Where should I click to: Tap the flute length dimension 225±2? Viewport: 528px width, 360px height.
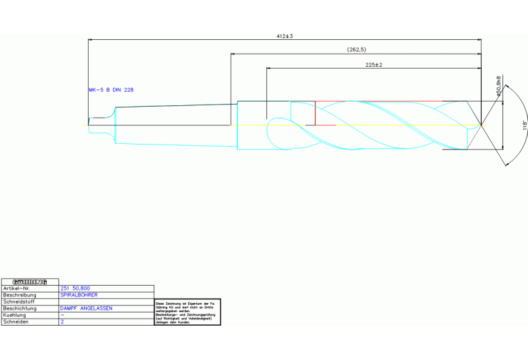pyautogui.click(x=373, y=64)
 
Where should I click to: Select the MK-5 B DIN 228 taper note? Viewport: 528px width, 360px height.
pyautogui.click(x=111, y=89)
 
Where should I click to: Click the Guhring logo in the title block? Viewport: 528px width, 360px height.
pyautogui.click(x=30, y=281)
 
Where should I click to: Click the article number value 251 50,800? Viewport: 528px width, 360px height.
pyautogui.click(x=76, y=288)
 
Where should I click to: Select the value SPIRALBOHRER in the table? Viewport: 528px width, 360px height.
pyautogui.click(x=79, y=295)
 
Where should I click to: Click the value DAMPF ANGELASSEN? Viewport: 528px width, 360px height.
pyautogui.click(x=86, y=308)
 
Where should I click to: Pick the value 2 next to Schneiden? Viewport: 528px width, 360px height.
pyautogui.click(x=62, y=321)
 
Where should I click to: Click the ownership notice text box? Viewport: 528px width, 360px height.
pyautogui.click(x=186, y=313)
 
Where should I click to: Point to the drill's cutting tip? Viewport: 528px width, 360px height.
pyautogui.click(x=481, y=125)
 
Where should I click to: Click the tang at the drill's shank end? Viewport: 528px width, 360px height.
pyautogui.click(x=96, y=125)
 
